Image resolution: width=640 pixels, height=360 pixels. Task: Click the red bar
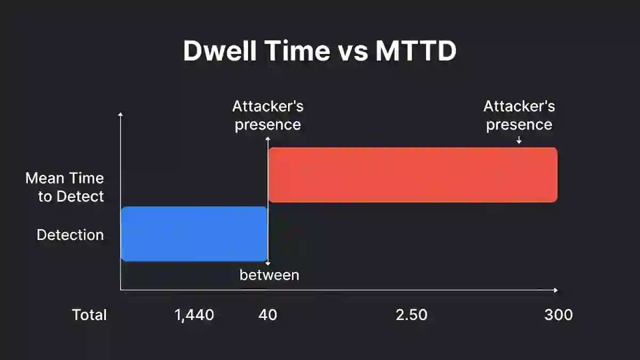pyautogui.click(x=413, y=175)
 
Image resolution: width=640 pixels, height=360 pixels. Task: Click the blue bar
pyautogui.click(x=194, y=234)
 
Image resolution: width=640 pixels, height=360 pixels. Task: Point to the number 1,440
pyautogui.click(x=194, y=315)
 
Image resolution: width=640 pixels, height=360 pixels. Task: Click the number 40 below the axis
pyautogui.click(x=268, y=315)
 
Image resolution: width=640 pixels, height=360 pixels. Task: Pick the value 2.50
pyautogui.click(x=411, y=315)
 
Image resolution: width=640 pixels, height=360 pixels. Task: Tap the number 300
pyautogui.click(x=558, y=315)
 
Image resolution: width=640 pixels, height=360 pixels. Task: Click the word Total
pyautogui.click(x=90, y=315)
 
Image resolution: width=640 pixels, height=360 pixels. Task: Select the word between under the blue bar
pyautogui.click(x=269, y=275)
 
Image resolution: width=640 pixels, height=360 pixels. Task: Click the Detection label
pyautogui.click(x=70, y=235)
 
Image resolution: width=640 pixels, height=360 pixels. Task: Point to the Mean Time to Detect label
pyautogui.click(x=65, y=187)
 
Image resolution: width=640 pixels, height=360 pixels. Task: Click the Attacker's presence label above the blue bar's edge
pyautogui.click(x=268, y=115)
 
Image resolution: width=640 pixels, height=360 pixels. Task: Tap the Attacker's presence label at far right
pyautogui.click(x=519, y=115)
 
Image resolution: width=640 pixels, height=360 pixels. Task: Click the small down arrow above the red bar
pyautogui.click(x=519, y=140)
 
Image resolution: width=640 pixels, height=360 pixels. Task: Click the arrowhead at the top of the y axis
pyautogui.click(x=121, y=114)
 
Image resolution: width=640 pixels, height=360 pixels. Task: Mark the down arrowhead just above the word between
pyautogui.click(x=268, y=263)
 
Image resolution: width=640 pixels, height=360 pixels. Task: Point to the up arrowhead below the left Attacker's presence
pyautogui.click(x=268, y=138)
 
